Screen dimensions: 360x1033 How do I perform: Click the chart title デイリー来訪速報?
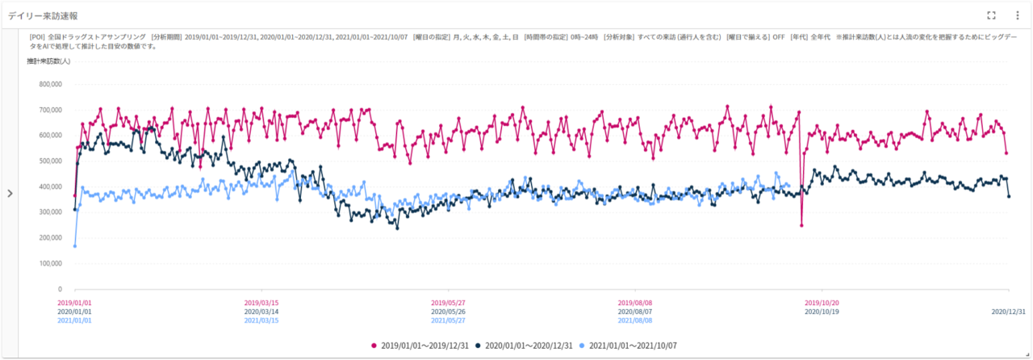43,15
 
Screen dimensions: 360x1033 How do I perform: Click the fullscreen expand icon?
992,15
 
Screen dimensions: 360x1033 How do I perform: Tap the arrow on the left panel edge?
9,193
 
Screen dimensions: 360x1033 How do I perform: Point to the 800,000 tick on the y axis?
48,83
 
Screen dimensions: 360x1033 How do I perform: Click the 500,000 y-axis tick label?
48,161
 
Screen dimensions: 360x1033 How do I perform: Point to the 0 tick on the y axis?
60,289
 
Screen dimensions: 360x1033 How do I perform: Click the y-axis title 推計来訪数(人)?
48,61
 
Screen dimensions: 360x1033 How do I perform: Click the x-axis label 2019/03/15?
261,303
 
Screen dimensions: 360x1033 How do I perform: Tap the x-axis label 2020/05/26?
448,312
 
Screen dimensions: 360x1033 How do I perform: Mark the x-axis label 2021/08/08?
635,320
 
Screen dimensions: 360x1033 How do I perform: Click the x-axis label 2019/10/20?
822,303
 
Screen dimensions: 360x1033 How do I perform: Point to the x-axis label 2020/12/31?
1009,312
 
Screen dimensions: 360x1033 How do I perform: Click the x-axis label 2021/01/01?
74,320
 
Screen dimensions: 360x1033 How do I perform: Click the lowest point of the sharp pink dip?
801,225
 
